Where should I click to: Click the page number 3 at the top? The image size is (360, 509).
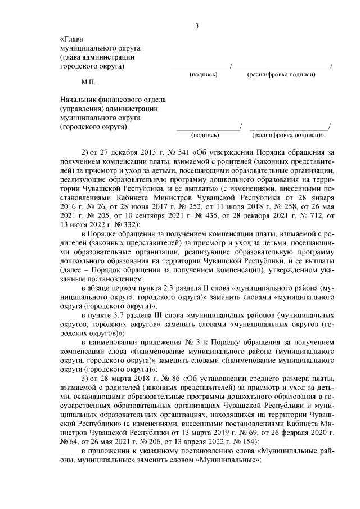coord(197,25)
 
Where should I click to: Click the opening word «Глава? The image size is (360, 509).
coord(71,39)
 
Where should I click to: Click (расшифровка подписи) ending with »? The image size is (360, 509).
coord(289,135)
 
